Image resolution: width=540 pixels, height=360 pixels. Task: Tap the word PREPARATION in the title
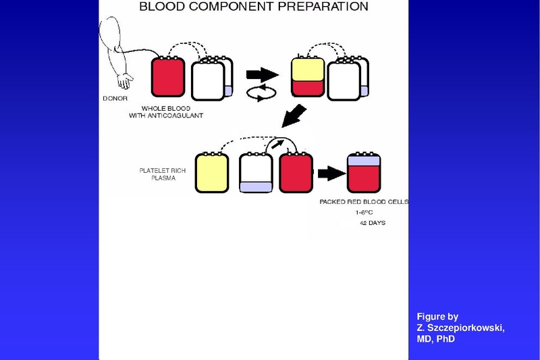pos(324,7)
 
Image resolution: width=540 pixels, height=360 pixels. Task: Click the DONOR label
pos(115,97)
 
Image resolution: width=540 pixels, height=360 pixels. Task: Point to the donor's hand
pos(125,82)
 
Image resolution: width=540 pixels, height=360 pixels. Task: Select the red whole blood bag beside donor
pos(168,77)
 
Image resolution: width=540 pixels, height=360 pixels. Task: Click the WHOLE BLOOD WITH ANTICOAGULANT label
pos(173,112)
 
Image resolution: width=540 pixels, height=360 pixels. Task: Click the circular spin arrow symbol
pos(261,94)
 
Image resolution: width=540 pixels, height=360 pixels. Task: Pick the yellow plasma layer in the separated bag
pos(307,69)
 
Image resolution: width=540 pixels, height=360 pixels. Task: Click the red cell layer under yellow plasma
pos(307,88)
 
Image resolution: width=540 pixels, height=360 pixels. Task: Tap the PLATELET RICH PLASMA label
pos(153,175)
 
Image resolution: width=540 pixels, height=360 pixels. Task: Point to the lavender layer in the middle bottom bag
pos(256,186)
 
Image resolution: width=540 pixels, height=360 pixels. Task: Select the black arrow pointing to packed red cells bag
pos(329,174)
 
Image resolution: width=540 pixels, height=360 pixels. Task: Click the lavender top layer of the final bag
pos(364,161)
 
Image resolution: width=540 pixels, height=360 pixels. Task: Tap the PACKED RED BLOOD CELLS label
pos(364,202)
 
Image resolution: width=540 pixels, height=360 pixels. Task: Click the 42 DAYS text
pos(373,222)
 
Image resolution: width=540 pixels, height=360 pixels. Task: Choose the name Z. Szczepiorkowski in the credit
pos(460,328)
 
